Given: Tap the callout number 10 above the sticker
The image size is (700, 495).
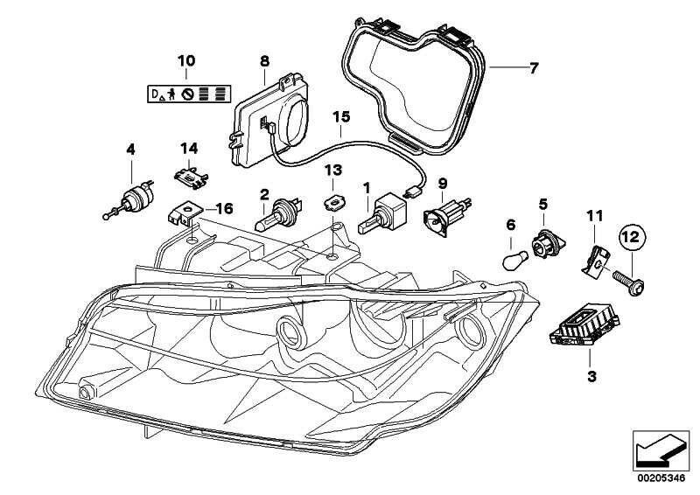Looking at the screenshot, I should [185, 61].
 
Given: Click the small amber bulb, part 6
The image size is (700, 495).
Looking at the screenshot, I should [513, 260].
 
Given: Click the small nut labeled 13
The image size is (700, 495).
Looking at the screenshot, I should [333, 204].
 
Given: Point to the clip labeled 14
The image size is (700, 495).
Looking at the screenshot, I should [190, 177].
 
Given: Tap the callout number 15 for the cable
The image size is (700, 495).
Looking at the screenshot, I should [339, 116].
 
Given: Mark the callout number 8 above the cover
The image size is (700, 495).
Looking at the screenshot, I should [264, 61].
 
